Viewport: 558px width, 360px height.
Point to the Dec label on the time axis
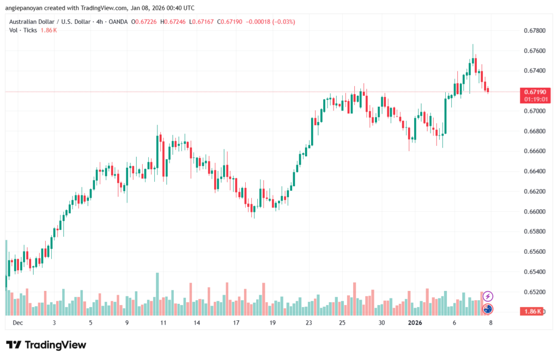tap(17, 323)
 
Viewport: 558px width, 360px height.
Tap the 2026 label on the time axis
tap(415, 323)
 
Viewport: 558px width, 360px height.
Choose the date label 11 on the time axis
tap(163, 323)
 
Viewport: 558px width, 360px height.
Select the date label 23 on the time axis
tap(308, 323)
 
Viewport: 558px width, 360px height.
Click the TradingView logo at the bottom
tap(46, 345)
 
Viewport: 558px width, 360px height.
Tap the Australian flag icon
tap(488, 309)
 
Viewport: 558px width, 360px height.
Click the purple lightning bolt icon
tap(488, 296)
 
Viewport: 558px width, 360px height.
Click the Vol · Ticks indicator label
tap(23, 30)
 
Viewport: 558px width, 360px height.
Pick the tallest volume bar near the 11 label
tap(157, 294)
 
